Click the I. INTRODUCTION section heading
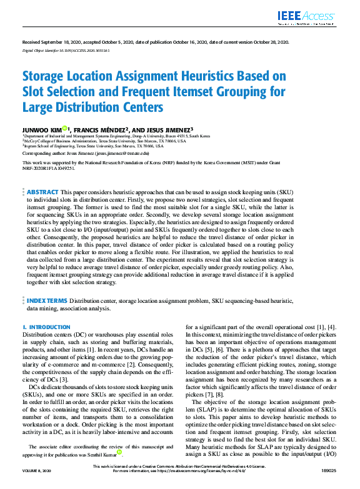click(47, 327)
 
